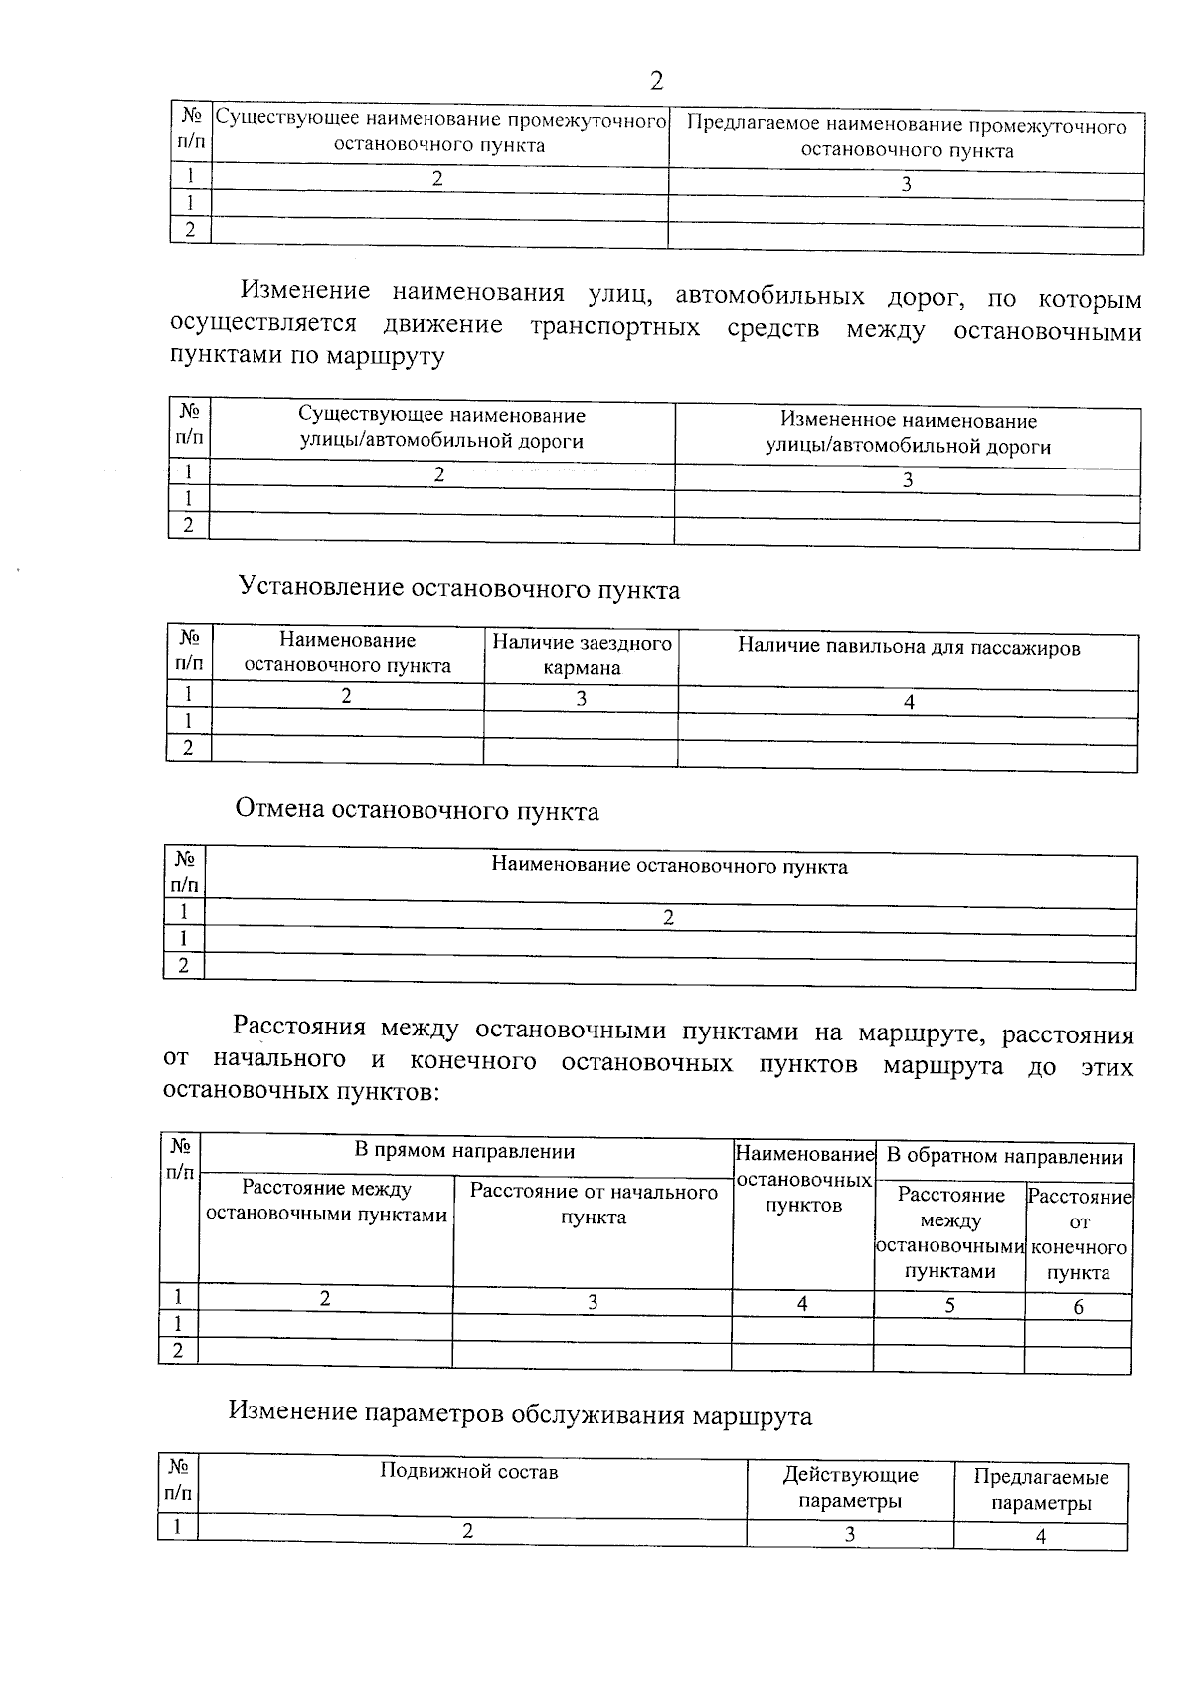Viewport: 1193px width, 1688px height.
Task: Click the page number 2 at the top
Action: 656,81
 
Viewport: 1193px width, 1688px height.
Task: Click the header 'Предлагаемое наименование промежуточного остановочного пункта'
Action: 907,139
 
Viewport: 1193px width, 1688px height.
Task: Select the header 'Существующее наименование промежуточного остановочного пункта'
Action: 439,133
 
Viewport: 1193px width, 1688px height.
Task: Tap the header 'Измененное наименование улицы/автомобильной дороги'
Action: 908,434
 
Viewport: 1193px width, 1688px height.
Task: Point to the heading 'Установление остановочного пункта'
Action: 459,590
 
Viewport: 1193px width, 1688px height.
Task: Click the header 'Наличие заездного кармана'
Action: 582,656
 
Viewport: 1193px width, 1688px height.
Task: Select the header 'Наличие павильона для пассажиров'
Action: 908,648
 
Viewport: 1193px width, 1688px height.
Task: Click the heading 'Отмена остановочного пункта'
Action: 417,811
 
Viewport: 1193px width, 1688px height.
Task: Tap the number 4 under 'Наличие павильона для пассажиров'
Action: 909,702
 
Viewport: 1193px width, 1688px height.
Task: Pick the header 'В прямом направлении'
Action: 465,1152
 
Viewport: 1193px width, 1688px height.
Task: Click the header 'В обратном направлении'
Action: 1004,1157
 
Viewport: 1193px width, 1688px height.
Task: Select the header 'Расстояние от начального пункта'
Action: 594,1205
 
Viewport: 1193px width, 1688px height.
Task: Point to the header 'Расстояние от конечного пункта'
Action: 1079,1234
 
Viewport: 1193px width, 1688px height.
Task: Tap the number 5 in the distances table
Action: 949,1306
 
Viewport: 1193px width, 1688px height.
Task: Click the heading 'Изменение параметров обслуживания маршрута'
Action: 520,1415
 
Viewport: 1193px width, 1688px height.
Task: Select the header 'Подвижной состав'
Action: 469,1472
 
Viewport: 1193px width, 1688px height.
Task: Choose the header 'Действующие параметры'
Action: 850,1488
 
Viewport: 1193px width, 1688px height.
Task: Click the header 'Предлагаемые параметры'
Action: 1041,1491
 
